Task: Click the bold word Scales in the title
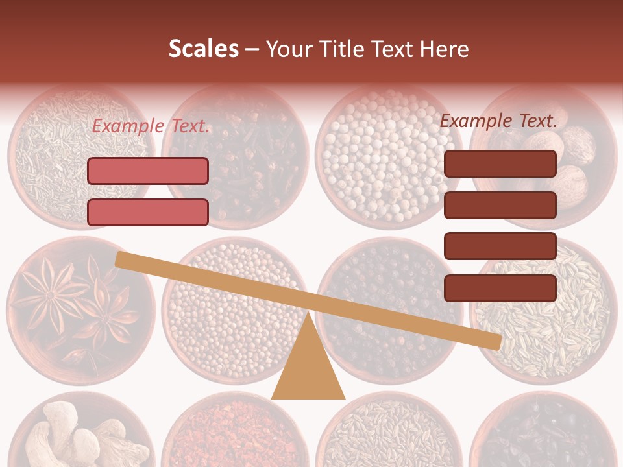[203, 49]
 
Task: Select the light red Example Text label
[151, 126]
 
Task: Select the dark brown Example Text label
[498, 121]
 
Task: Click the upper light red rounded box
[148, 171]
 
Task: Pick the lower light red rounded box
[148, 212]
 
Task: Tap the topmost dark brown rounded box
[500, 163]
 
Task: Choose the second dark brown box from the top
[500, 205]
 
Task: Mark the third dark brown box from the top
[500, 246]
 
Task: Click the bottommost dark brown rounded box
[500, 288]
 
